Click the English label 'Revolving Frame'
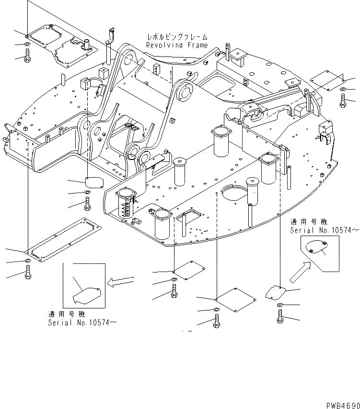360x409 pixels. pos(177,45)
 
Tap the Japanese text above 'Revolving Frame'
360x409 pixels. pos(177,37)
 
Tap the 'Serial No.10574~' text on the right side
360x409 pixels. pos(323,230)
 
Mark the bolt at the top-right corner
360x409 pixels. pos(343,101)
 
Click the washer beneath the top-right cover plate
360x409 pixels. pos(343,90)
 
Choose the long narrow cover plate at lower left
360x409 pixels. pos(62,238)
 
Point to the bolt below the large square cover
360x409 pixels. pos(217,322)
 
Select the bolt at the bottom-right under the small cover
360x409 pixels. pos(279,318)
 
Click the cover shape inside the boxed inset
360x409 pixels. pos(87,294)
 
